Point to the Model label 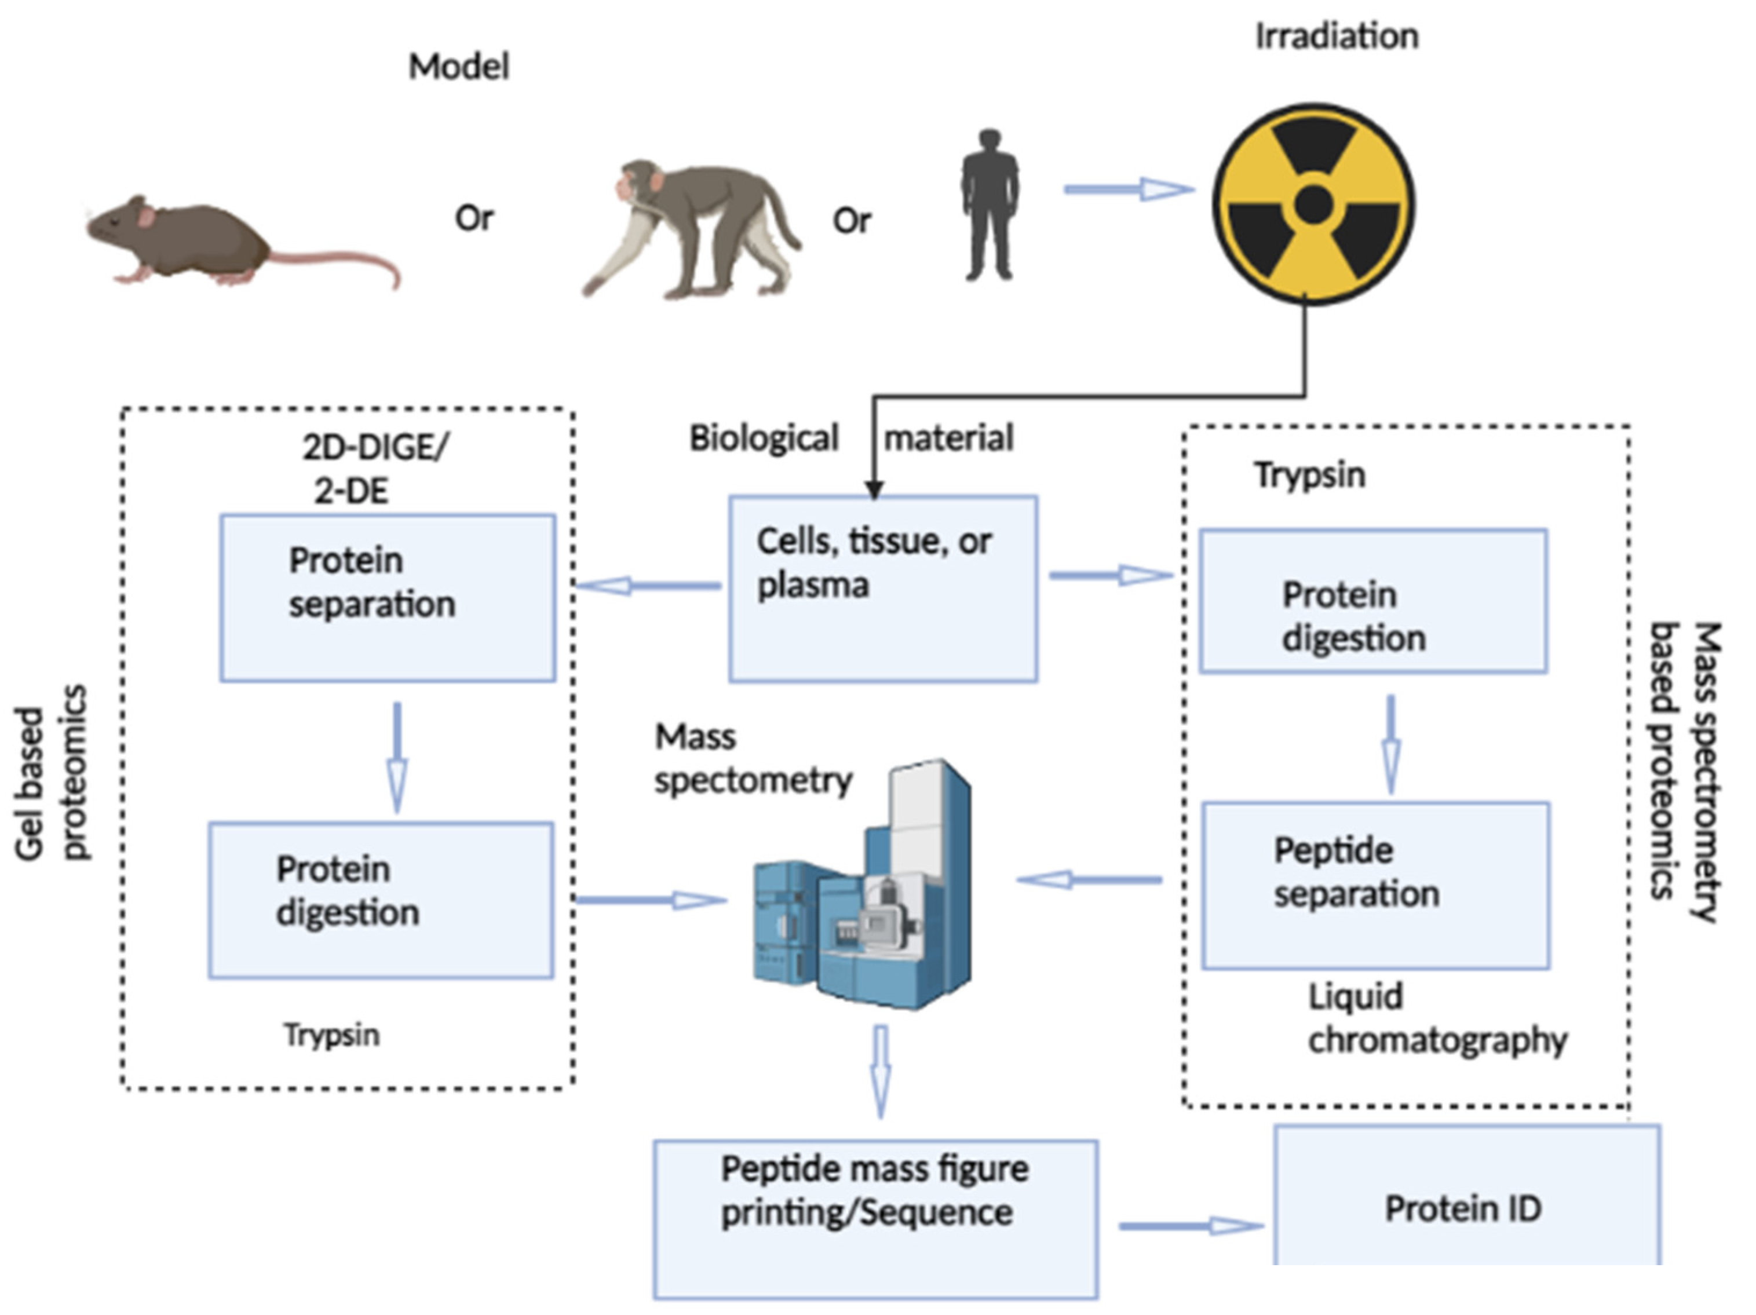coord(459,67)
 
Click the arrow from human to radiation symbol coord(1127,189)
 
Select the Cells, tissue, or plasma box coord(883,588)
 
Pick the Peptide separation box coord(1375,885)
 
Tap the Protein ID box coord(1465,1208)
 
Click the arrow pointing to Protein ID coord(1191,1226)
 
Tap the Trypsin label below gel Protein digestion coord(332,1035)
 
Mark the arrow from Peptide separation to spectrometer coord(1089,879)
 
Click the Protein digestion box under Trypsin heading coord(1372,601)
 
